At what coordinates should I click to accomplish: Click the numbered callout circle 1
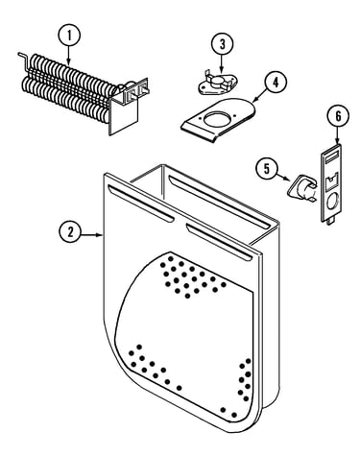tap(68, 35)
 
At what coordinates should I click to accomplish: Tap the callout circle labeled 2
tap(70, 232)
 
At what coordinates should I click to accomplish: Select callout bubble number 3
tap(222, 44)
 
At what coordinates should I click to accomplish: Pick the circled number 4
tap(276, 82)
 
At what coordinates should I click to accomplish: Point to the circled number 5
tap(267, 169)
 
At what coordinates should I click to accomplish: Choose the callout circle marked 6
tap(338, 115)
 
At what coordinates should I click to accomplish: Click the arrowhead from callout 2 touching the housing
tap(100, 235)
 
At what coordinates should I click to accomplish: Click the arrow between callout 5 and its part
tap(284, 178)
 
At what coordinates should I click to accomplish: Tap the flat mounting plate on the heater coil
tap(124, 113)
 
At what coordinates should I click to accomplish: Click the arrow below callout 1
tap(68, 55)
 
